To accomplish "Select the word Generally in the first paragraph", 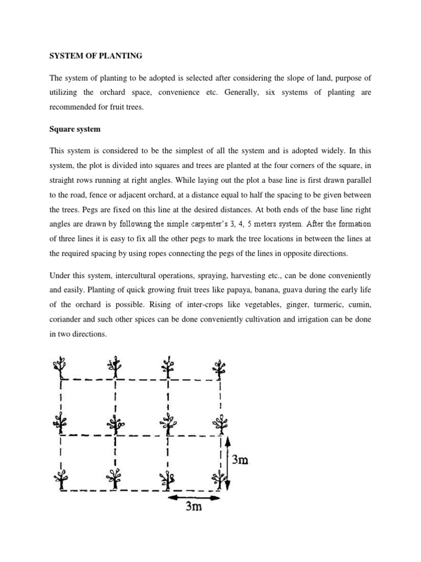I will click(243, 93).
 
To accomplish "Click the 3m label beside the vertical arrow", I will click(240, 460).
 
